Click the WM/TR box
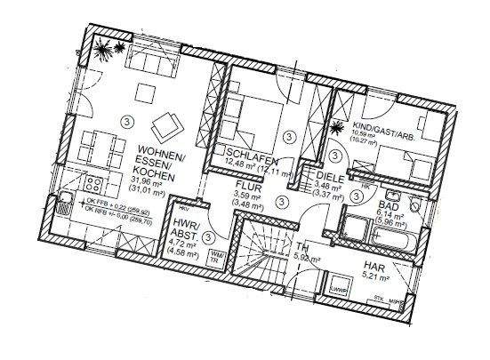coord(216,256)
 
